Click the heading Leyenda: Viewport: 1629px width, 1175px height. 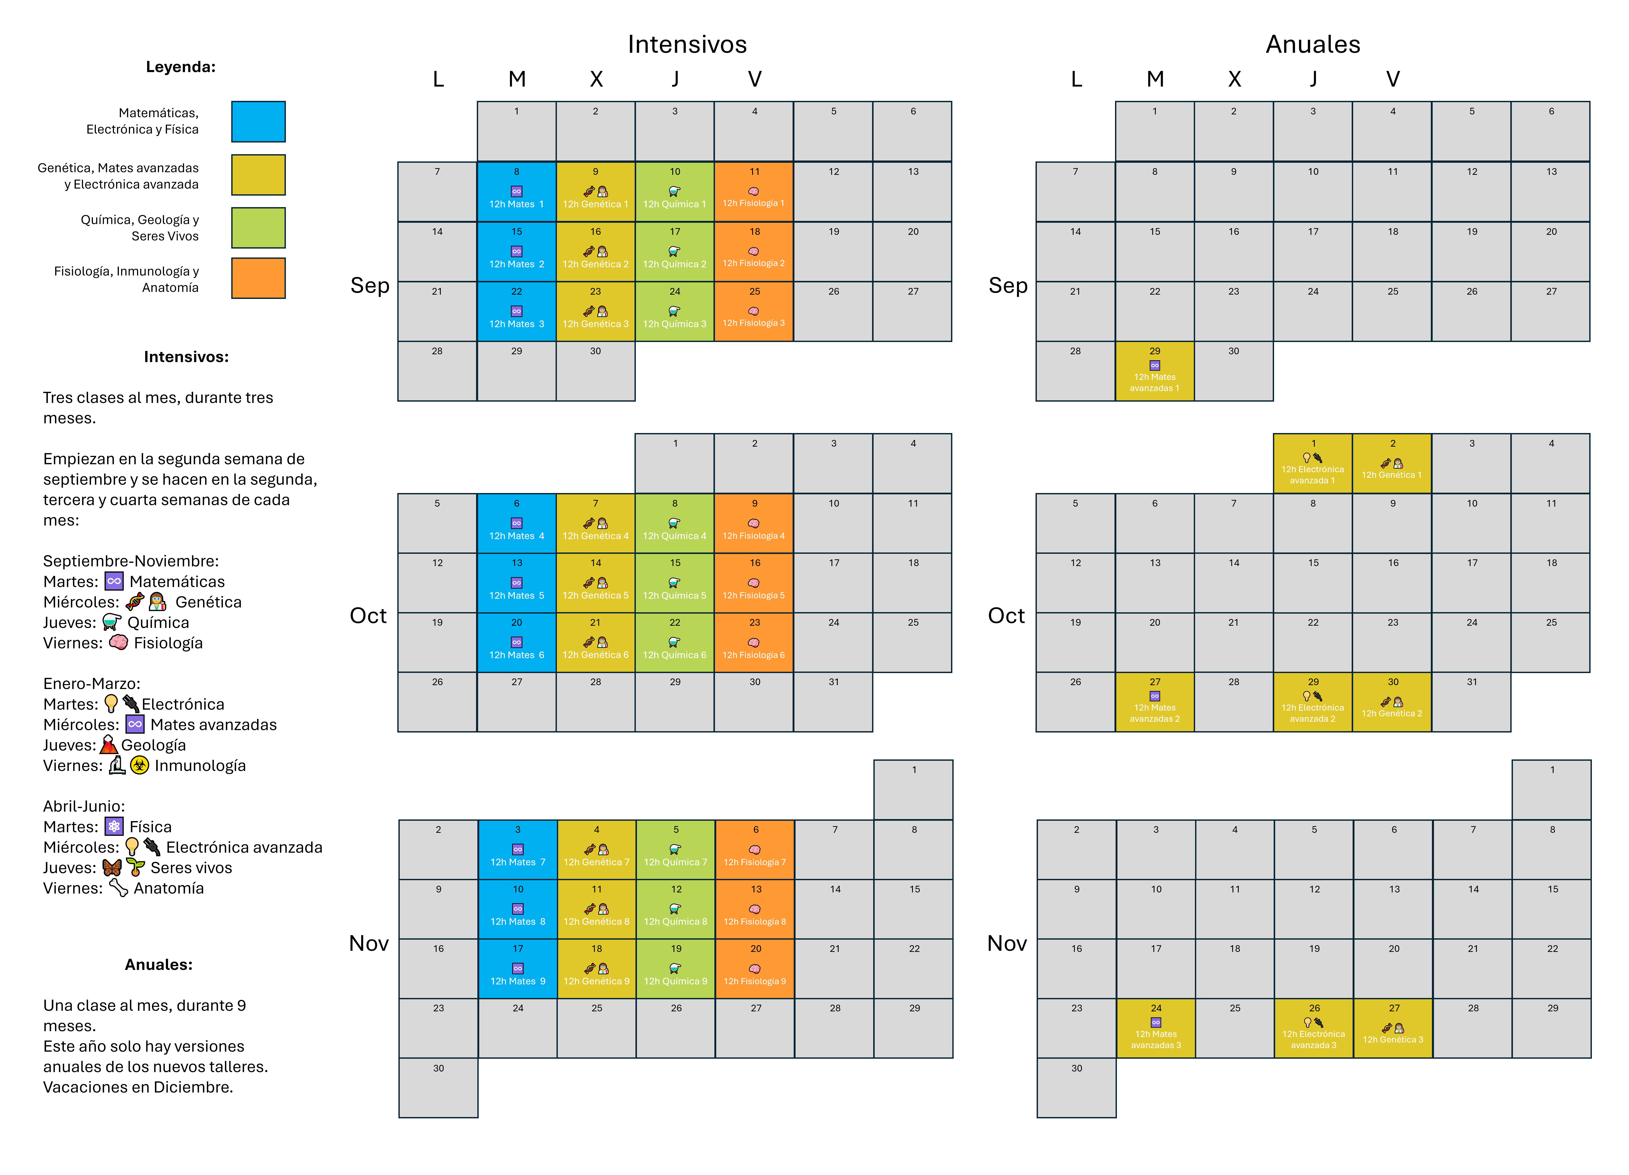click(x=181, y=67)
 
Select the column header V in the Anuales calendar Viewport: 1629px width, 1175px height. click(x=1393, y=79)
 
